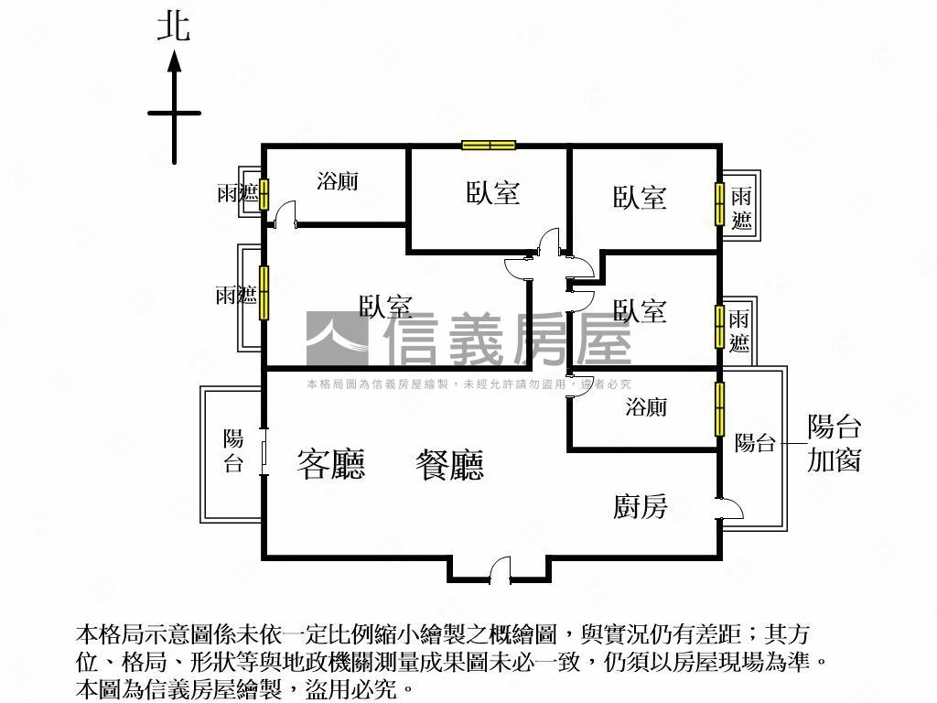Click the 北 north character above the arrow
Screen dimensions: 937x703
click(x=173, y=28)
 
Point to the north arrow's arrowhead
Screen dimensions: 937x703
click(x=174, y=61)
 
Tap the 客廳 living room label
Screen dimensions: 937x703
click(x=330, y=464)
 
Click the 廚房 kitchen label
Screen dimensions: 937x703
click(x=640, y=507)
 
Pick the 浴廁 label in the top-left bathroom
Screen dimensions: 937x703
click(x=338, y=180)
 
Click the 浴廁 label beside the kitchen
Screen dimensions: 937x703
click(x=646, y=407)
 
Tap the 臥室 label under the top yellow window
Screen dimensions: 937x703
click(x=493, y=192)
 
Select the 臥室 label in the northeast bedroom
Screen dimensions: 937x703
click(x=640, y=198)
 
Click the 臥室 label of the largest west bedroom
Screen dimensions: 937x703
click(x=386, y=306)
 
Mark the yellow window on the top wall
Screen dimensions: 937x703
click(x=489, y=146)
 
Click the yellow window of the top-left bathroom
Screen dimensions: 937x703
click(x=264, y=194)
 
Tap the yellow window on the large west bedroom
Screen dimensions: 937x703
click(x=264, y=293)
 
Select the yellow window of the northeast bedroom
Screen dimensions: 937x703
click(x=719, y=204)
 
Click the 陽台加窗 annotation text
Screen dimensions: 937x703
click(x=835, y=443)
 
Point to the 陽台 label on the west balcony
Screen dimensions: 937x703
click(x=233, y=450)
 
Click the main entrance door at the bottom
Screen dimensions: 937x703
click(x=501, y=571)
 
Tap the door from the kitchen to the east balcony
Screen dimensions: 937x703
click(x=731, y=509)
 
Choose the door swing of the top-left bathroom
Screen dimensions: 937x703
click(x=285, y=213)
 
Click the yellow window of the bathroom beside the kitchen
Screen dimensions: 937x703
click(x=719, y=409)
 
